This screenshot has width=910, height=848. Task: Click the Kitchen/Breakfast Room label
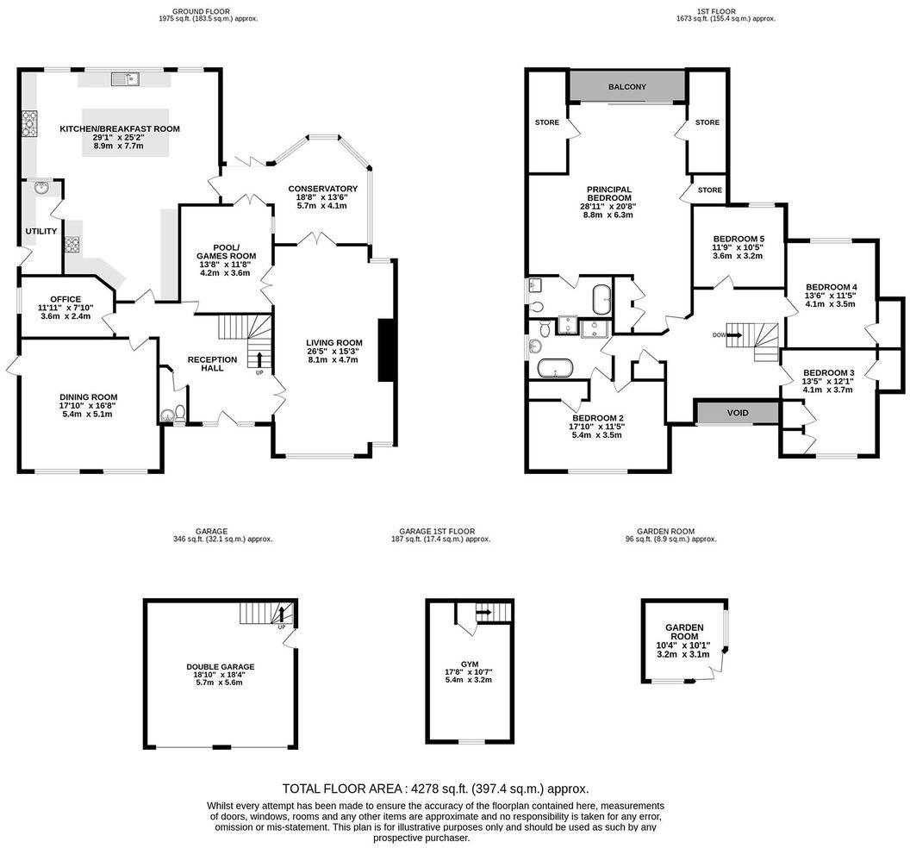click(119, 129)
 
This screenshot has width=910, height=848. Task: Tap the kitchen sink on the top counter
click(125, 80)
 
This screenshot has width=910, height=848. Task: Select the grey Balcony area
click(626, 87)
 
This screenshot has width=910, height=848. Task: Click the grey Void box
click(738, 413)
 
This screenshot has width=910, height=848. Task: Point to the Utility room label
click(41, 231)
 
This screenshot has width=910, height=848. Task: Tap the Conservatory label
click(322, 189)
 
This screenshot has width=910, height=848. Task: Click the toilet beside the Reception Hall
click(178, 413)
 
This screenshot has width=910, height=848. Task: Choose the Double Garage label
click(220, 667)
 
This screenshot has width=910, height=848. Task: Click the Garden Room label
click(684, 632)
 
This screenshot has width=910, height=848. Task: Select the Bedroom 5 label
click(739, 239)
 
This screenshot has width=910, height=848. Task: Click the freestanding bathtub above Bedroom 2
click(555, 369)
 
